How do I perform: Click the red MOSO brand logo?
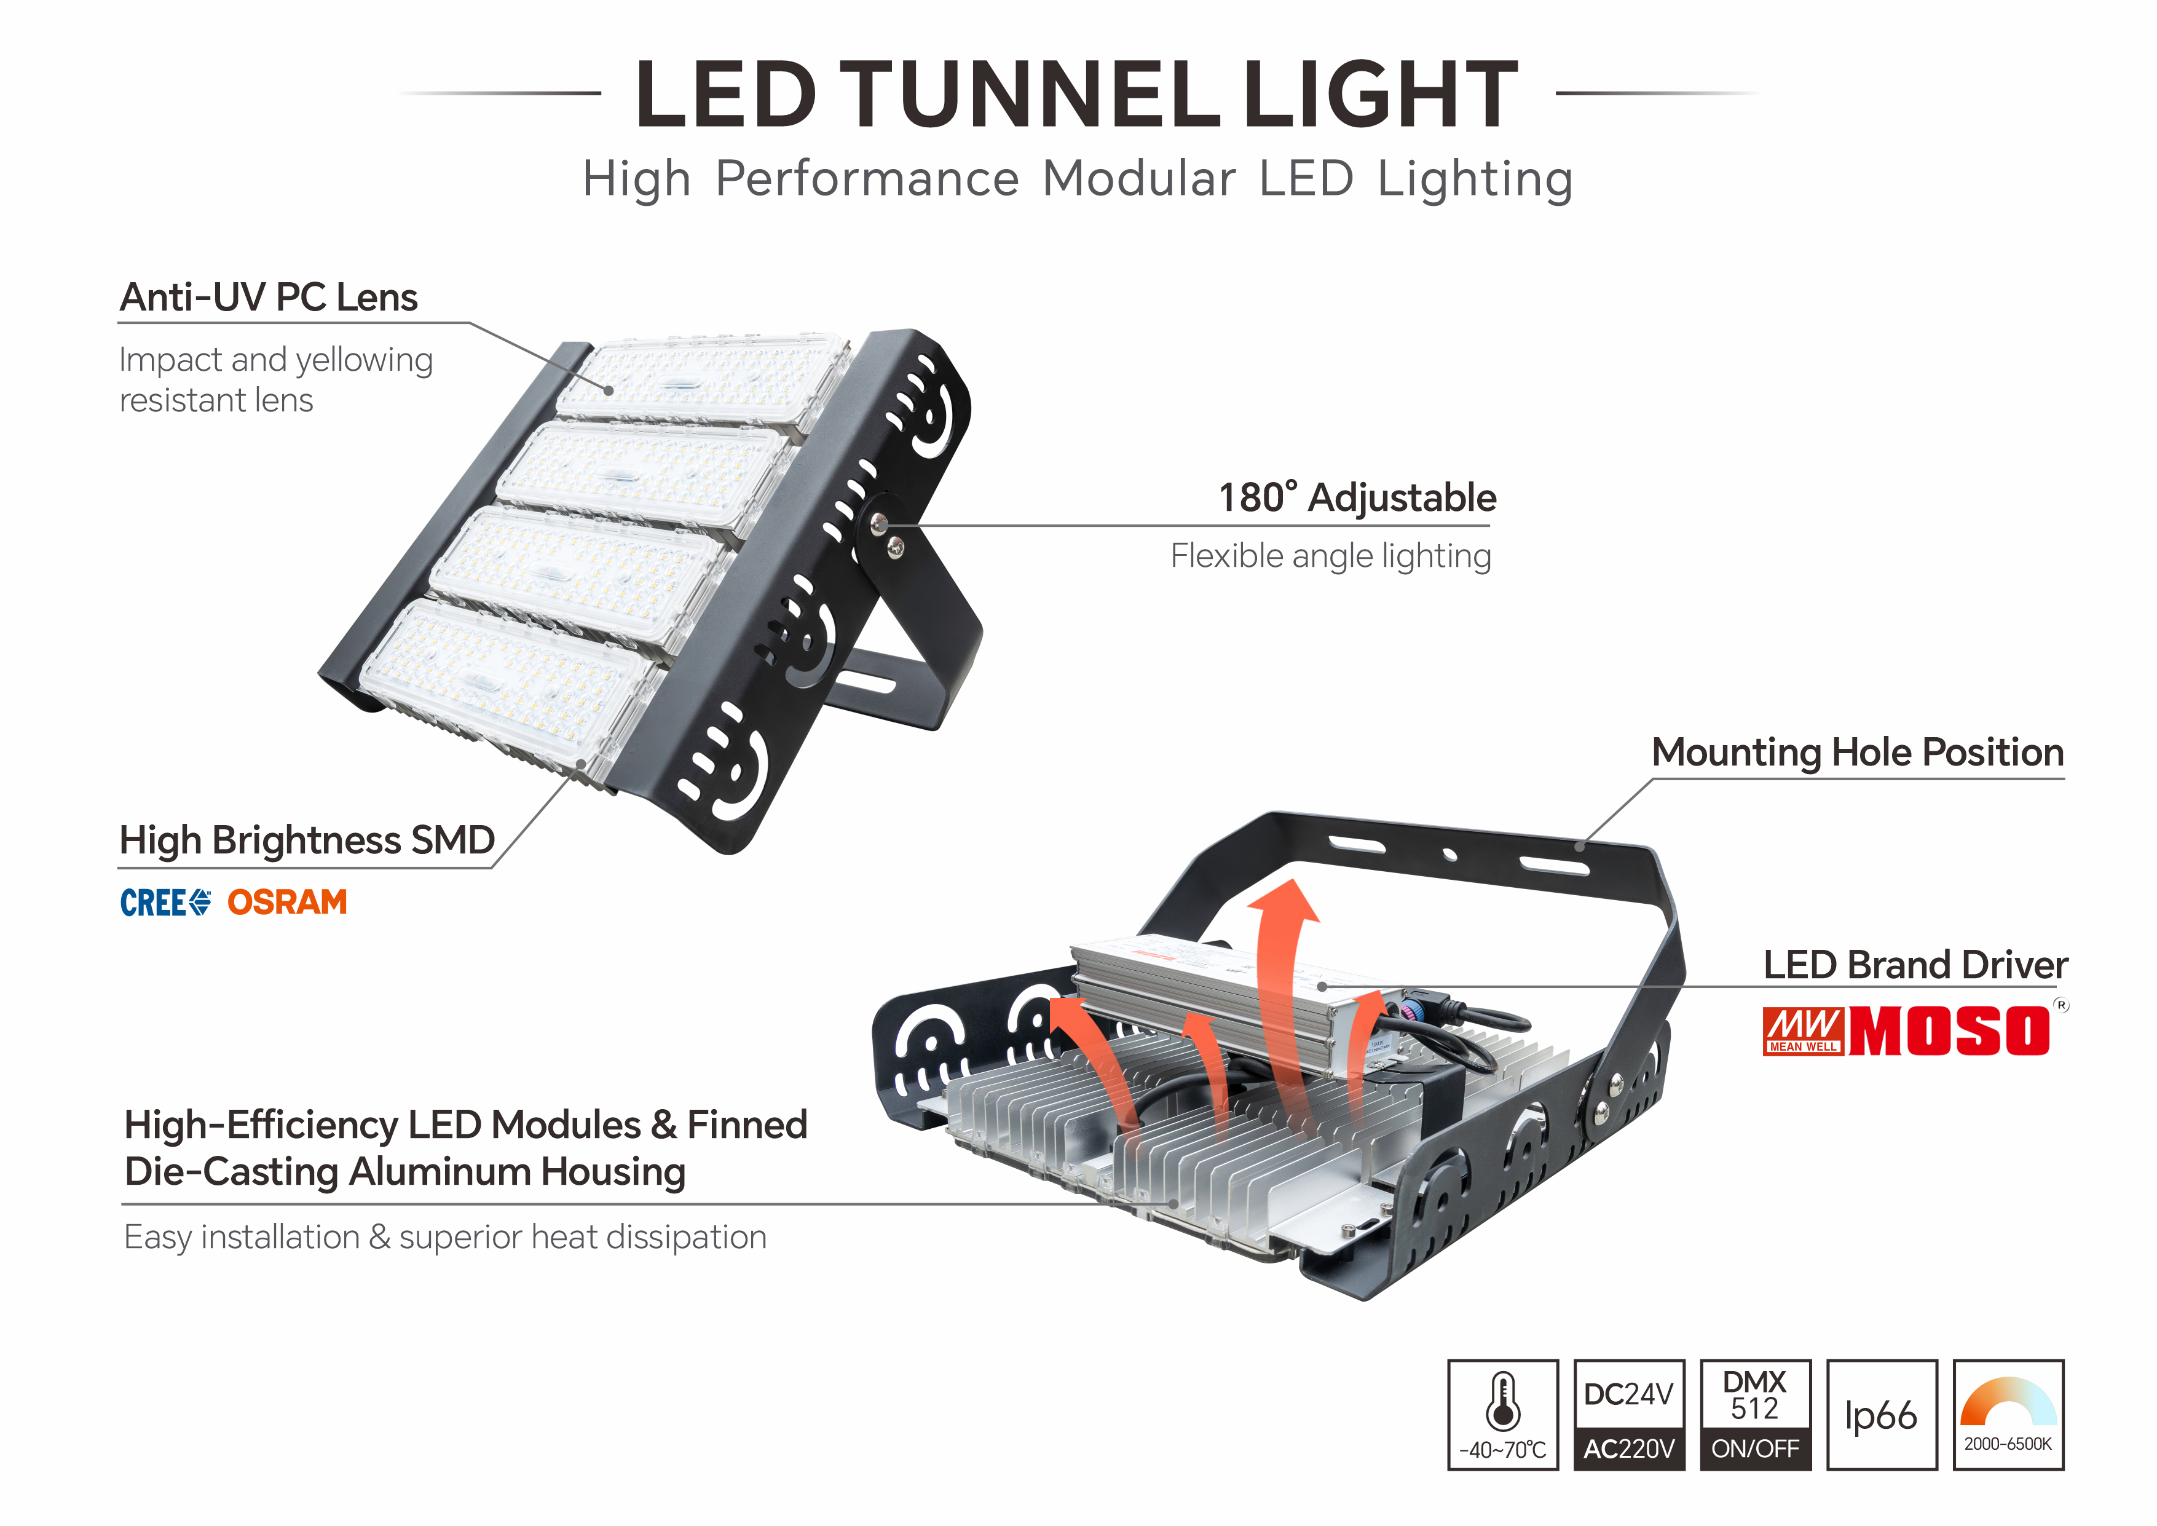tap(1949, 1032)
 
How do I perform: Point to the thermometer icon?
tap(1503, 1402)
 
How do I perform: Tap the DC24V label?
tap(1629, 1394)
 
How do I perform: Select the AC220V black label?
tap(1629, 1449)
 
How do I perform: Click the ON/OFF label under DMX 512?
tap(1755, 1449)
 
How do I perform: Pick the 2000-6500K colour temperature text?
tap(2008, 1444)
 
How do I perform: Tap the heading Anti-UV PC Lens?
tap(269, 298)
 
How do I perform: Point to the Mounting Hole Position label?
tap(1857, 753)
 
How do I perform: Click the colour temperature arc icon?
tap(2008, 1402)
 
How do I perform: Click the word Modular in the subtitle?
tap(1138, 178)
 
